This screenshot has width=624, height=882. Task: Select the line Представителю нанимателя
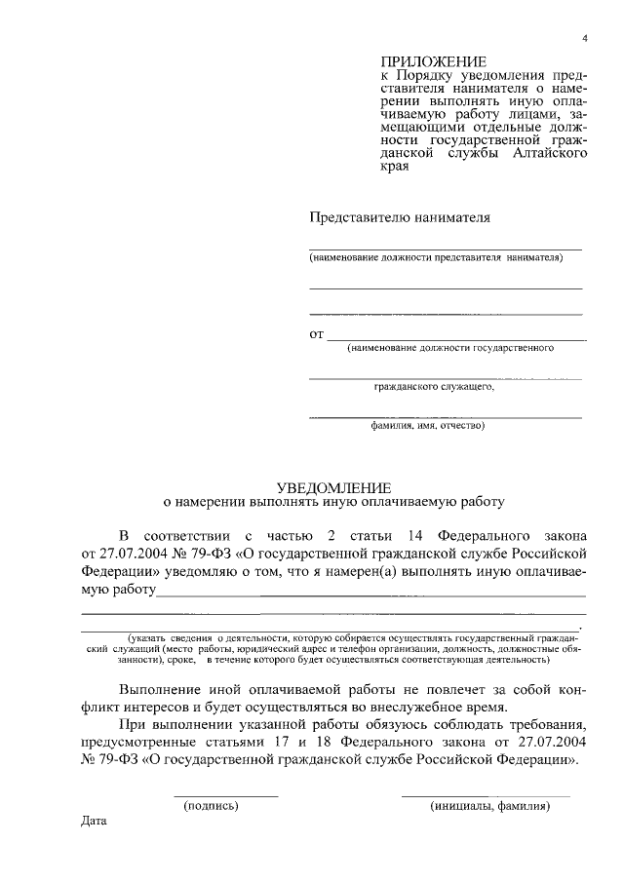coord(400,217)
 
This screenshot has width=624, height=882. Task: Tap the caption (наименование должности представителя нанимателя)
coord(437,258)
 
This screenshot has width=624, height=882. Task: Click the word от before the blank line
coord(316,334)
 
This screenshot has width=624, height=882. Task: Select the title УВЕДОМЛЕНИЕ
coord(333,486)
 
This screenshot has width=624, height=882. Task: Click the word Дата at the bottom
coord(94,821)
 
